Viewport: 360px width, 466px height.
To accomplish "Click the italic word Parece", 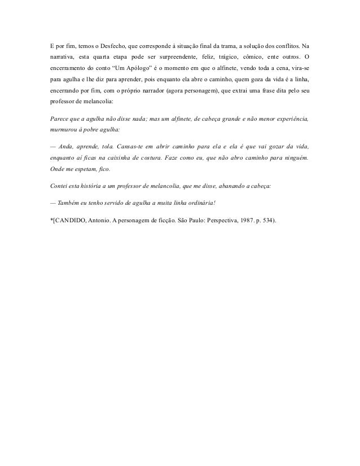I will (60, 120).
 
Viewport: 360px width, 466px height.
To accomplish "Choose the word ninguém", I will (295, 159).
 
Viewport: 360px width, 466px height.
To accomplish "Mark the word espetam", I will (85, 172).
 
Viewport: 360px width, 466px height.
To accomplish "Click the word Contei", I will (59, 186).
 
